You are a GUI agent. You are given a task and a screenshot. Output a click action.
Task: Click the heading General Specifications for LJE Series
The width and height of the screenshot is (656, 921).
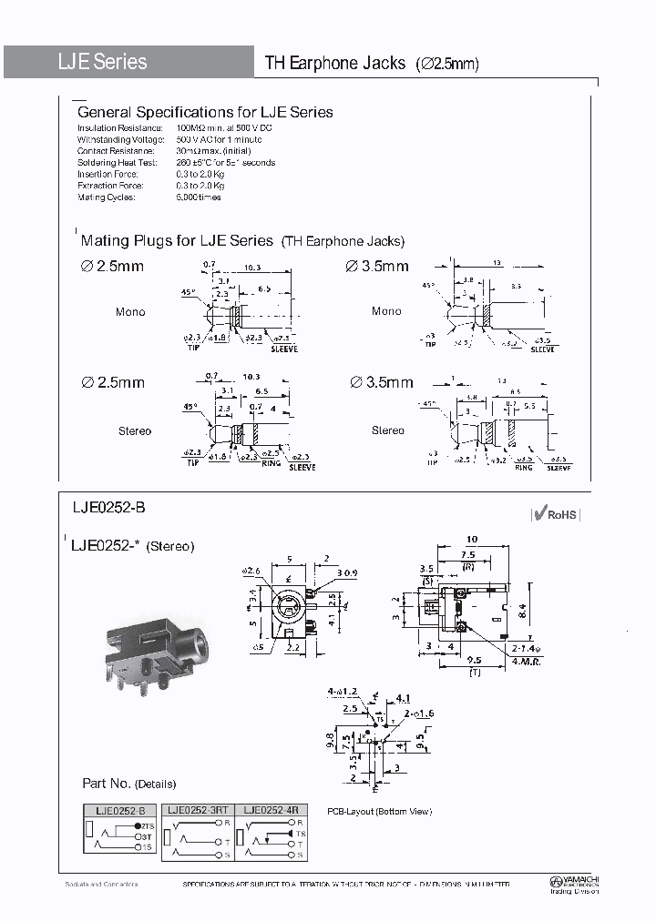[x=205, y=113]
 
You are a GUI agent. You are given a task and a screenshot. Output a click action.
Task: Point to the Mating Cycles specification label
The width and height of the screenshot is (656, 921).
[x=106, y=197]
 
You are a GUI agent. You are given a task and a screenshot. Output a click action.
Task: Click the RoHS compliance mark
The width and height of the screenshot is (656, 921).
[x=555, y=514]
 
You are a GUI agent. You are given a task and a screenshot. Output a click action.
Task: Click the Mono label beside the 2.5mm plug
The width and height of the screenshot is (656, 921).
[x=130, y=312]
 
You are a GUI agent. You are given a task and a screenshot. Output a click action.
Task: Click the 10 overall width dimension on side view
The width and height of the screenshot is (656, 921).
[x=471, y=539]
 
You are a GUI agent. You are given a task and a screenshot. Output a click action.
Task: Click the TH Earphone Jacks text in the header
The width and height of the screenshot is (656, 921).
[x=334, y=64]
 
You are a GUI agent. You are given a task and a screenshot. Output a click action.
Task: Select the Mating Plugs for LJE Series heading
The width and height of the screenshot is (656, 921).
[x=177, y=241]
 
